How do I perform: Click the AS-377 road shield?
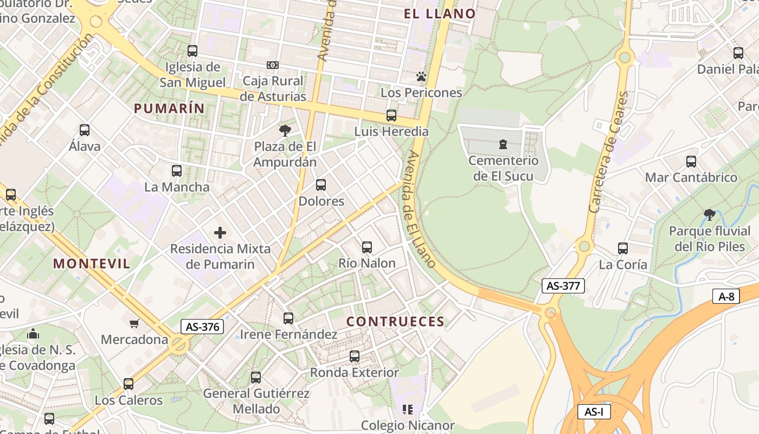point(563,286)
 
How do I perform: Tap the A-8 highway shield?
point(726,296)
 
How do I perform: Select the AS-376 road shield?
point(202,327)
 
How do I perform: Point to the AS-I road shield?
point(594,412)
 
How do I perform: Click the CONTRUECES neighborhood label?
point(395,322)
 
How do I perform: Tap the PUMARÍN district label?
point(169,108)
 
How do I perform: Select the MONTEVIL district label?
point(92,264)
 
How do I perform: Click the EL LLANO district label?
point(440,14)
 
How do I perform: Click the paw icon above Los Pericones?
point(421,76)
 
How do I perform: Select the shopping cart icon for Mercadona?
point(134,324)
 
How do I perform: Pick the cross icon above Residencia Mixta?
point(220,233)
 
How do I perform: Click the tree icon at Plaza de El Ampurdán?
point(285,130)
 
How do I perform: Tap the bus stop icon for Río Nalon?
point(367,247)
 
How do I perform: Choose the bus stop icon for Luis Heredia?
point(391,116)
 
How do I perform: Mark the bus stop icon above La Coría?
point(623,248)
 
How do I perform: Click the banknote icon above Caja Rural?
point(273,65)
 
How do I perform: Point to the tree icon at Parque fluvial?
point(709,215)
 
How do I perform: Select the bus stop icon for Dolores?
point(321,185)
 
